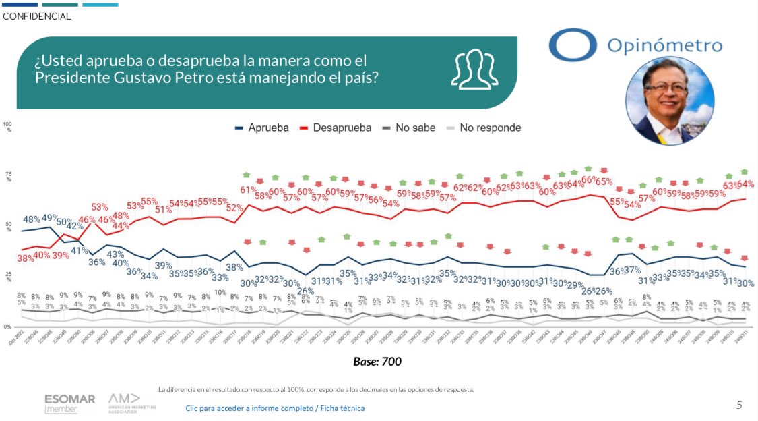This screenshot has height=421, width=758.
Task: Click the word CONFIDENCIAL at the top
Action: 37,16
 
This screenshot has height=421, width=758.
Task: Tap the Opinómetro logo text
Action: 664,46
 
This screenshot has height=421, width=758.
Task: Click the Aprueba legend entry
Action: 263,128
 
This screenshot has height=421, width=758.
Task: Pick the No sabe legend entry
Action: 410,128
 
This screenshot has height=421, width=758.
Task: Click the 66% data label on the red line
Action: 589,180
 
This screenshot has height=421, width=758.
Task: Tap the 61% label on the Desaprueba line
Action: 247,190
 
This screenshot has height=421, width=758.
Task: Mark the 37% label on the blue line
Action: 633,271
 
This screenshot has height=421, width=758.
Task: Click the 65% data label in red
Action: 604,181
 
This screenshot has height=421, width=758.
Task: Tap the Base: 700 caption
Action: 377,362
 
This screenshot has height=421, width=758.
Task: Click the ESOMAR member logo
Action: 69,403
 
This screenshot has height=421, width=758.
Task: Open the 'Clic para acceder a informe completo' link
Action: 275,408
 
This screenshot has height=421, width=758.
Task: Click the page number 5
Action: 739,405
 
